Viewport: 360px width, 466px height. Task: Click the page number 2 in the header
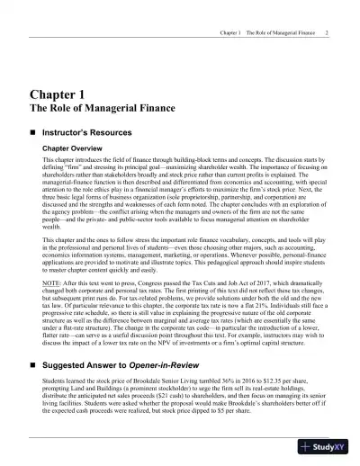pyautogui.click(x=325, y=33)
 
